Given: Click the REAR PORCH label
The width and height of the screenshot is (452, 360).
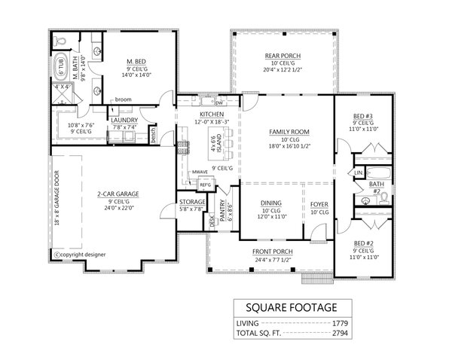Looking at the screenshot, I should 283,56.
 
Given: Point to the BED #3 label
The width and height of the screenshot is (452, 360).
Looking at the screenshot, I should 364,116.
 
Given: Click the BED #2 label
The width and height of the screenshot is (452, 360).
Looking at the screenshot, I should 364,243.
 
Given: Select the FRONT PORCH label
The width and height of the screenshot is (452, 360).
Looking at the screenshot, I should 273,251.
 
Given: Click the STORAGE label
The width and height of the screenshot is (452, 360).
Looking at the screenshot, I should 191,202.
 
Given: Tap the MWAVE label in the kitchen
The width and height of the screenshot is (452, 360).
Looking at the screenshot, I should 200,172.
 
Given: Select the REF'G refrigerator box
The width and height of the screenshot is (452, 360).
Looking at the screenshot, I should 205,185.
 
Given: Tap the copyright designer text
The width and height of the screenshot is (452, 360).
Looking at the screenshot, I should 81,254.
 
